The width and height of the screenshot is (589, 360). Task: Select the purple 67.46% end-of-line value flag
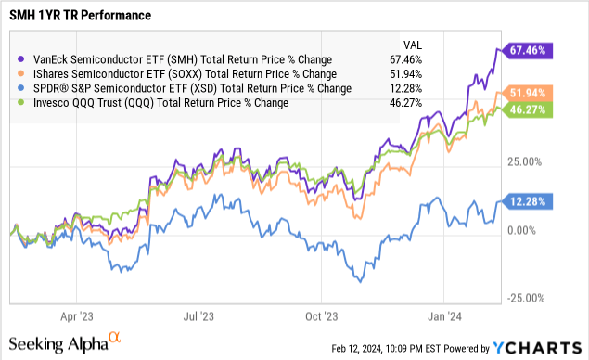click(x=525, y=49)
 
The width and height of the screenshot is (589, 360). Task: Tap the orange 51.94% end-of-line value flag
click(x=525, y=93)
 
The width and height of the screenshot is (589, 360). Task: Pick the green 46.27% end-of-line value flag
click(x=525, y=109)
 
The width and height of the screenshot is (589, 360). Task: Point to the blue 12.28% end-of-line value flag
click(x=525, y=200)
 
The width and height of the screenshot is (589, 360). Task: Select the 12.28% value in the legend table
click(x=408, y=88)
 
